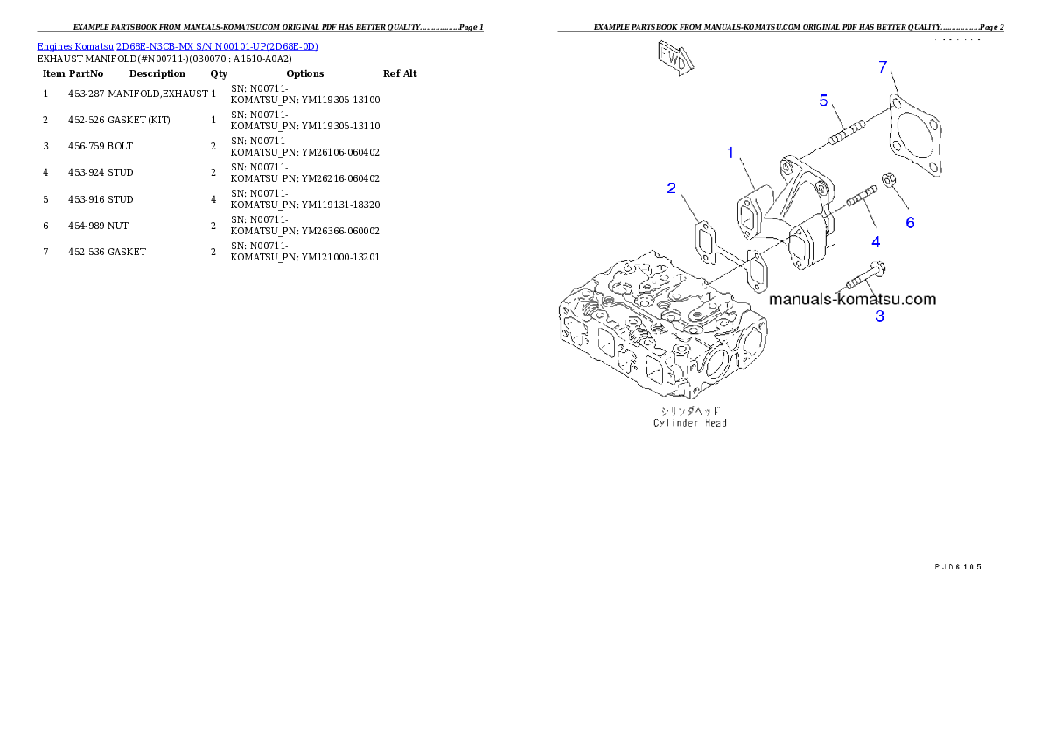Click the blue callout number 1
[x=731, y=153]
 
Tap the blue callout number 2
[x=671, y=188]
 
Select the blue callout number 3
[x=879, y=316]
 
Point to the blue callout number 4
[x=875, y=241]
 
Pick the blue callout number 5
[x=823, y=101]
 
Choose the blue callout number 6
[x=910, y=223]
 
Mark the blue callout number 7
[x=884, y=67]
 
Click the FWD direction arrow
[x=676, y=59]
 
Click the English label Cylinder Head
[x=690, y=423]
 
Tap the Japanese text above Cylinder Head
[x=690, y=410]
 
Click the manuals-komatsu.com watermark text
[x=853, y=299]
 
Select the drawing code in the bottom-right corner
[x=956, y=566]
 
